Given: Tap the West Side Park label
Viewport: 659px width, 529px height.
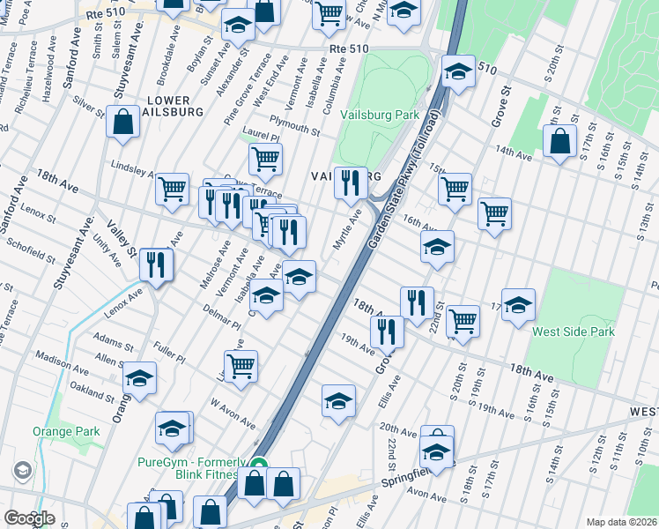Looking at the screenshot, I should (x=573, y=332).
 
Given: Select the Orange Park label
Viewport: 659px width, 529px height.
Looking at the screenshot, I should (x=66, y=431).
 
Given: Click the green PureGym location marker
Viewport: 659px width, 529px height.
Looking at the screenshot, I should (x=259, y=464).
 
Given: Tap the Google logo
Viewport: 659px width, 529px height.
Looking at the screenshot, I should (x=29, y=518).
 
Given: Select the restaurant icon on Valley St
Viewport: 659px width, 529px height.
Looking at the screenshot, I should (x=157, y=263).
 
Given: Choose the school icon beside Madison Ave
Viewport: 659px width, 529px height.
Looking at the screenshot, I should (x=139, y=379).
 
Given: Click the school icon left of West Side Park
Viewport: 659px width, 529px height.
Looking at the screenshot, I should (x=519, y=305).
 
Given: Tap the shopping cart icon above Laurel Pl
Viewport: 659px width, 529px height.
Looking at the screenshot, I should (x=265, y=160).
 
